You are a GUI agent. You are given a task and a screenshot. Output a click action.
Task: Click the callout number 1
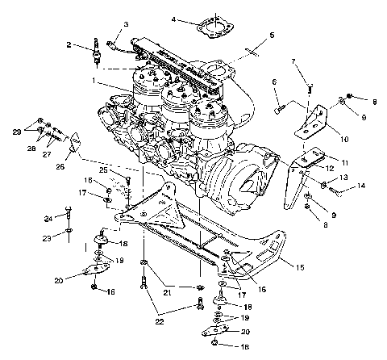pyautogui.click(x=95, y=82)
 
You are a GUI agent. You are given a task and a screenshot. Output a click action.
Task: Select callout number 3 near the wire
pyautogui.click(x=126, y=27)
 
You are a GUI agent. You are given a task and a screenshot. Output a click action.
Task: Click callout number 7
pyautogui.click(x=294, y=61)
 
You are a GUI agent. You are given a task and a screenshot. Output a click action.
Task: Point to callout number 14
pyautogui.click(x=361, y=186)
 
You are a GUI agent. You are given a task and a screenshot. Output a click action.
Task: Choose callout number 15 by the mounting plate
pyautogui.click(x=301, y=266)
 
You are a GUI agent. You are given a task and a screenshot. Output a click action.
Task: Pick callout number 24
pyautogui.click(x=47, y=219)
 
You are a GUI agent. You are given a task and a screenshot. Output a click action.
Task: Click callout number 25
pyautogui.click(x=103, y=170)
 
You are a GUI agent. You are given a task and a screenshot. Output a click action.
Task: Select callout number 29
pyautogui.click(x=15, y=131)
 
